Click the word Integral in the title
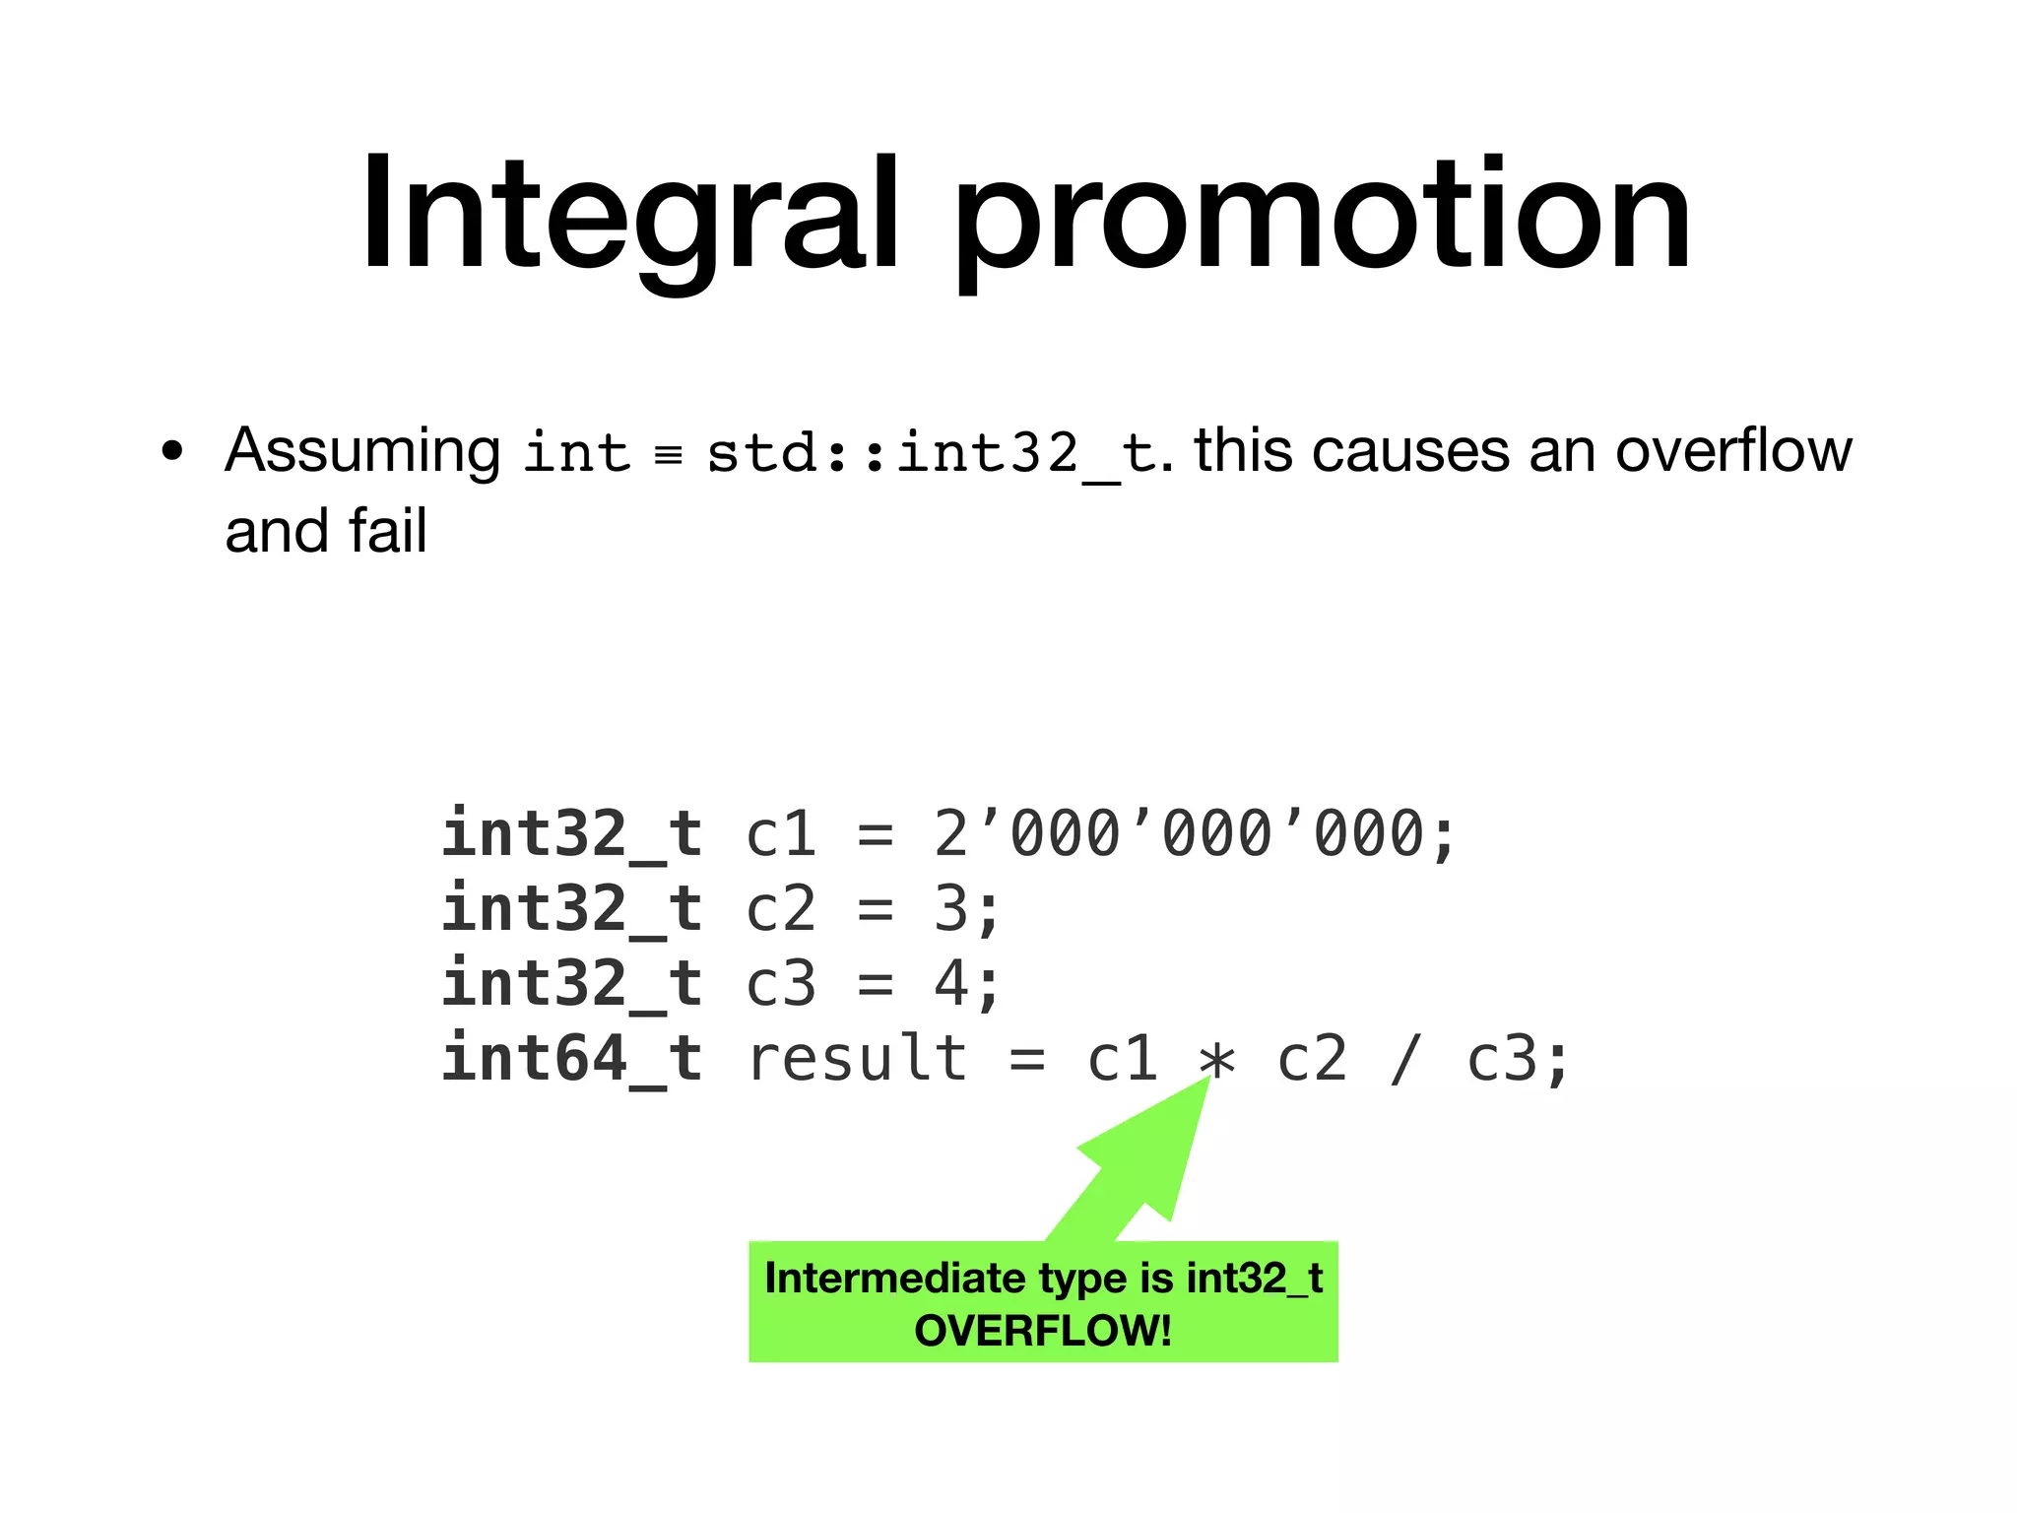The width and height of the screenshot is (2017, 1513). tap(630, 215)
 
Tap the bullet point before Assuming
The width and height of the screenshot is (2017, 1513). tap(172, 452)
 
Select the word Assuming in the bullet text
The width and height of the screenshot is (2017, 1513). tap(362, 453)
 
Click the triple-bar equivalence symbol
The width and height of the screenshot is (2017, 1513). tap(669, 455)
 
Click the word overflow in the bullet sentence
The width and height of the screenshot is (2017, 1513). tap(1733, 451)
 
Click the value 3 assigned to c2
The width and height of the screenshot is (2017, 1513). tap(951, 908)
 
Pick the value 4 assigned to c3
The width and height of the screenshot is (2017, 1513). tap(951, 983)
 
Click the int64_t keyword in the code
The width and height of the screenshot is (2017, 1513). tap(571, 1059)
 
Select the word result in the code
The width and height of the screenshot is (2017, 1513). tap(857, 1059)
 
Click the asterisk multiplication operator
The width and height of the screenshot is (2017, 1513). tap(1217, 1062)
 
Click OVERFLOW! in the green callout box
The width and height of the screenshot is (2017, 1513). tap(1043, 1331)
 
